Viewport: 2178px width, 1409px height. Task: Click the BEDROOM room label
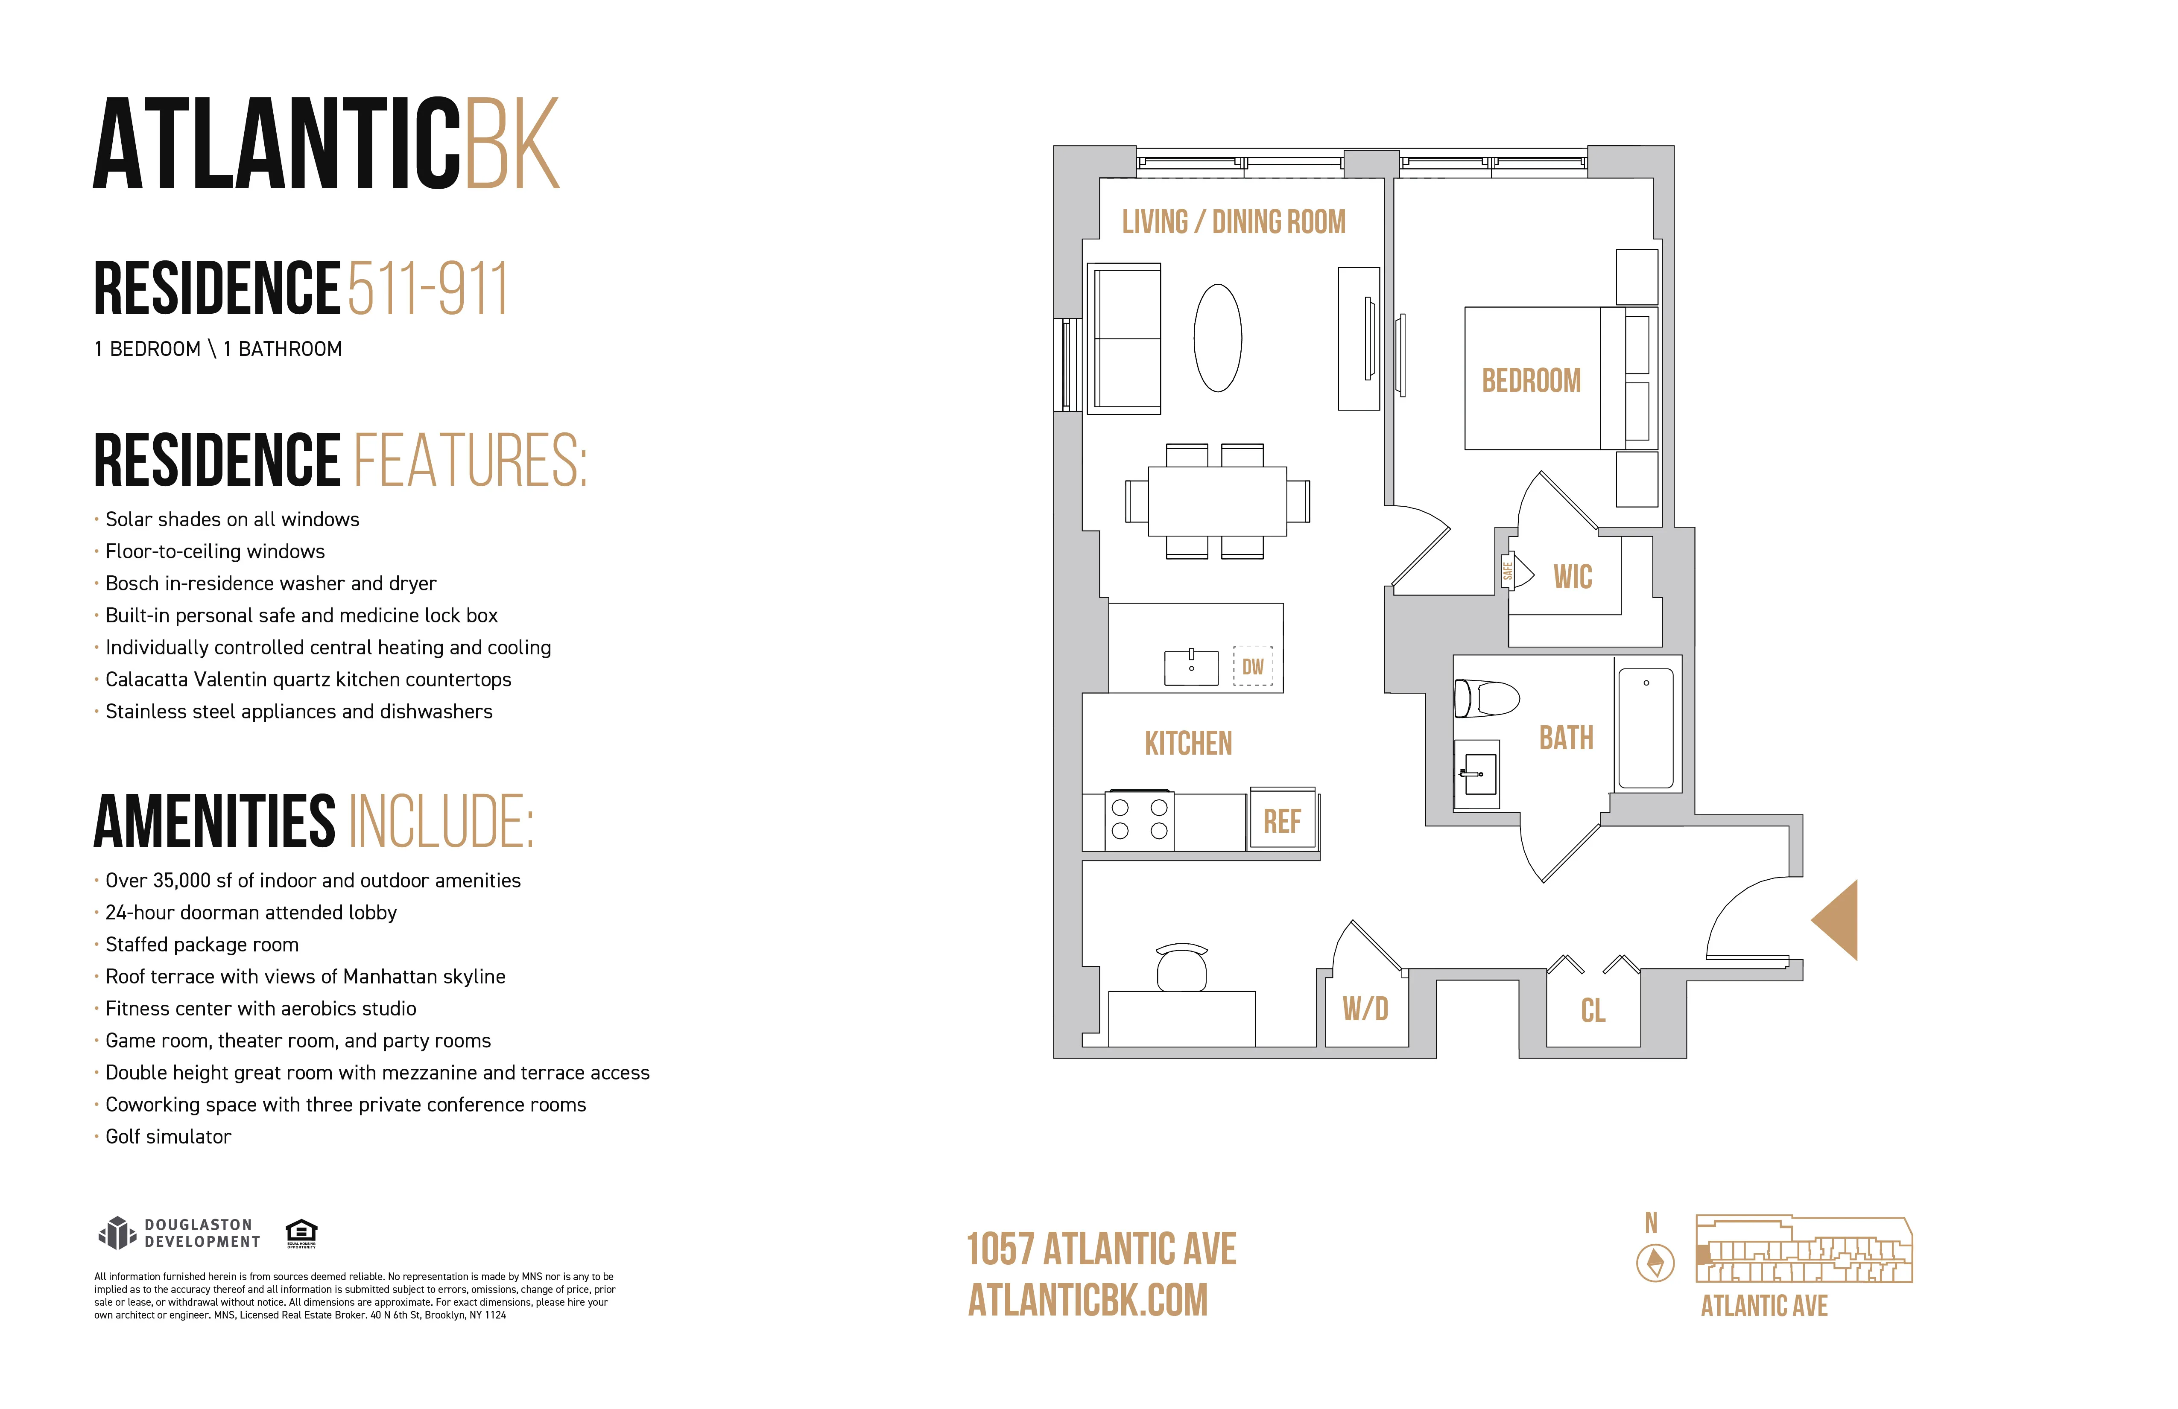click(x=1531, y=381)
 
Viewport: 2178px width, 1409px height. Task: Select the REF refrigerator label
click(x=1282, y=822)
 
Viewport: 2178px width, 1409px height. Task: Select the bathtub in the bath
click(x=1646, y=728)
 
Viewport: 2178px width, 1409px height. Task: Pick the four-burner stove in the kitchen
click(x=1139, y=820)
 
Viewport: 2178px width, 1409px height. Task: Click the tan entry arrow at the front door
click(x=1838, y=920)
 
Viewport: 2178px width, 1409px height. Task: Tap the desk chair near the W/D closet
click(x=1181, y=968)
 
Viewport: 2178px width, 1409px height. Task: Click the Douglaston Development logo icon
click(x=116, y=1233)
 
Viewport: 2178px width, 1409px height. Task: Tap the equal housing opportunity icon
click(x=301, y=1232)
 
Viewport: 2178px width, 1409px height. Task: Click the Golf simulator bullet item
click(x=168, y=1136)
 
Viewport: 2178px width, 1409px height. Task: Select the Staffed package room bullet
click(x=202, y=944)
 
